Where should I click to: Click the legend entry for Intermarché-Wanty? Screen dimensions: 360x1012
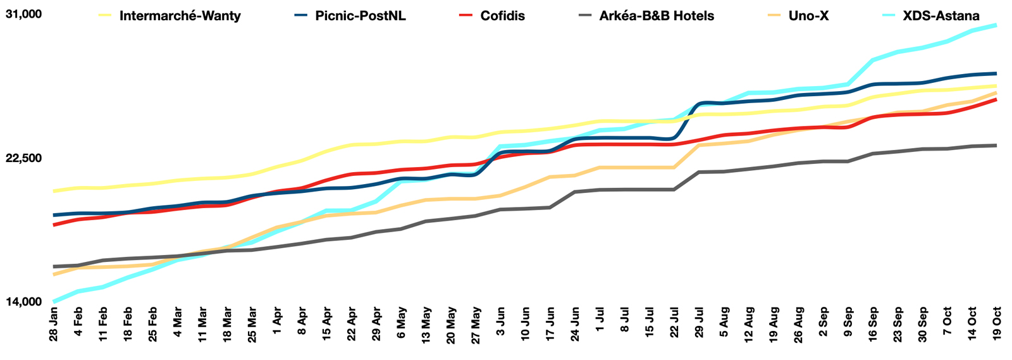[x=180, y=16]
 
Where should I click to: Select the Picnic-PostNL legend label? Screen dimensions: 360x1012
[x=361, y=16]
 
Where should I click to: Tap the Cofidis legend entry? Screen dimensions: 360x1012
[x=502, y=16]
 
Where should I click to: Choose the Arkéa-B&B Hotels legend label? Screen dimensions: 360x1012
[x=657, y=16]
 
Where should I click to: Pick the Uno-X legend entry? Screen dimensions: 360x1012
[x=808, y=16]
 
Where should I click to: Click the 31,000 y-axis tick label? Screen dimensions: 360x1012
[x=23, y=14]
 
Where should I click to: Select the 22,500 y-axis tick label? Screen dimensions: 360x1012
[x=23, y=158]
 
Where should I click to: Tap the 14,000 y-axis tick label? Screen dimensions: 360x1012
[x=23, y=302]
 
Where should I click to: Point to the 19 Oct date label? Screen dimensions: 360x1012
[x=997, y=323]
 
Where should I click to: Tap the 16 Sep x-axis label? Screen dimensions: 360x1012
[x=873, y=323]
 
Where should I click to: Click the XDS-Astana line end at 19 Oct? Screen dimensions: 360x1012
[x=996, y=25]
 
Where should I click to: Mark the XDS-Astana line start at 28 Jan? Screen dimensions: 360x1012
[x=54, y=301]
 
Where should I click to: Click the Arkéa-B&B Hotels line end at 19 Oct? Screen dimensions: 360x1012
[x=996, y=146]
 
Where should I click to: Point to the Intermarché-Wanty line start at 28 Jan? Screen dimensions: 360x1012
[x=54, y=190]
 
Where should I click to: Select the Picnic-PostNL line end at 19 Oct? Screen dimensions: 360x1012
[x=996, y=73]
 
